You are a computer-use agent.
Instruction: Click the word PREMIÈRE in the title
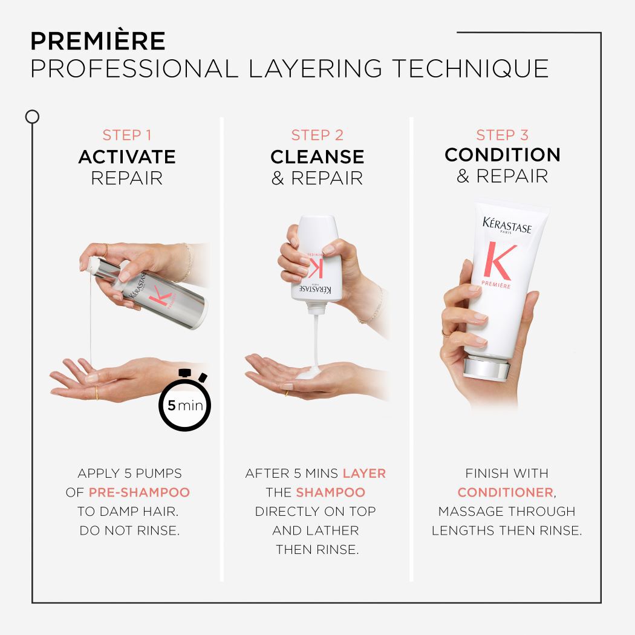[97, 41]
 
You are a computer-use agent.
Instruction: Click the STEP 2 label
[317, 135]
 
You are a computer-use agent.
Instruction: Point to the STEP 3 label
[502, 135]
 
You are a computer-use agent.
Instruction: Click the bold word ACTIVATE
[127, 157]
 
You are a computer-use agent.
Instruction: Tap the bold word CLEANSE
[317, 157]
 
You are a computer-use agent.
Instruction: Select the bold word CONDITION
[502, 155]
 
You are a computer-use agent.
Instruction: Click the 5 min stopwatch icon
[185, 403]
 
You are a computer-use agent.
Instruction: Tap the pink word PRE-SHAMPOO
[139, 492]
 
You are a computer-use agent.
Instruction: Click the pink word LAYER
[364, 473]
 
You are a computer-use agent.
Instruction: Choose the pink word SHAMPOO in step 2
[330, 492]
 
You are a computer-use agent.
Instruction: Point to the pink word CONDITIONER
[506, 492]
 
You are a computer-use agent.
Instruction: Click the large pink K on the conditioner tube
[499, 261]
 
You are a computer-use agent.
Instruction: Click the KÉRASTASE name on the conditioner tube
[507, 225]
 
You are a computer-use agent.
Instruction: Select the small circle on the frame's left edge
[32, 117]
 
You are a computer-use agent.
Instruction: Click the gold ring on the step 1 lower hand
[97, 394]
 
